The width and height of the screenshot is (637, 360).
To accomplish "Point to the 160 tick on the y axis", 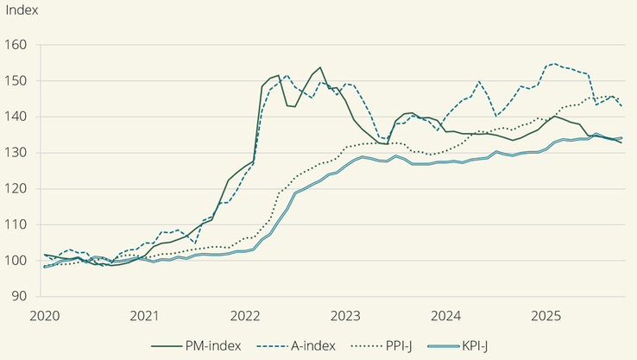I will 16,45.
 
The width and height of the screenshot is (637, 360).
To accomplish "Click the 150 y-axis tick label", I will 16,81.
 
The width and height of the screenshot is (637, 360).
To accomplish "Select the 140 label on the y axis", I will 16,117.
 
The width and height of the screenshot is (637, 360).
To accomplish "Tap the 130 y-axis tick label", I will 16,153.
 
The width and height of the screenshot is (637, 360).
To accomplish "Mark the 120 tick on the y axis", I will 16,189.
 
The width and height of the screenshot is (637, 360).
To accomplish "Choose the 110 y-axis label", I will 16,224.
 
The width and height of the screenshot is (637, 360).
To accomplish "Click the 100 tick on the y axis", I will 16,261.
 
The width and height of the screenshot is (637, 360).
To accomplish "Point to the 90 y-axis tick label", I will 20,296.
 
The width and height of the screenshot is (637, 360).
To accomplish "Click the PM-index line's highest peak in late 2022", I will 320,67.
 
